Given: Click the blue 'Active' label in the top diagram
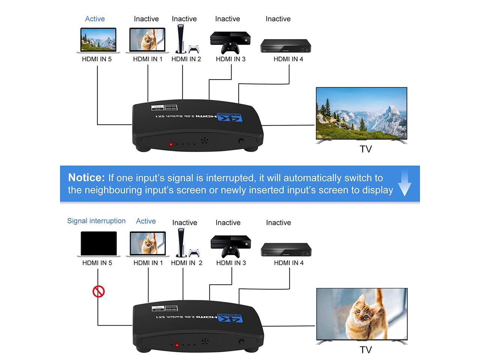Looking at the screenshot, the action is point(95,19).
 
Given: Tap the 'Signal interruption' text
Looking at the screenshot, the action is point(96,221).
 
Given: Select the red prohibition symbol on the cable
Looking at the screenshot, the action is point(99,291).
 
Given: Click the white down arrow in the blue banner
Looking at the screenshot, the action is point(405,184).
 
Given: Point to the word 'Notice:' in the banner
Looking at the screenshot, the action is point(86,177).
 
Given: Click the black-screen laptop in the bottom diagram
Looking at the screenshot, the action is point(99,243).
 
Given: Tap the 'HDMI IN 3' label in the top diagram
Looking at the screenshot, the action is point(231,59).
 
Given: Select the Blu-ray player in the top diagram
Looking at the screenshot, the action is point(286,46).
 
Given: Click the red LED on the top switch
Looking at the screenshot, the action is point(171,144).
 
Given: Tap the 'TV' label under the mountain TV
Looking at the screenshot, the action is point(366,149).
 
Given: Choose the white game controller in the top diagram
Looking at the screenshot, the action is point(193,49).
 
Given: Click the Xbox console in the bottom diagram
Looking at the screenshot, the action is point(231,242).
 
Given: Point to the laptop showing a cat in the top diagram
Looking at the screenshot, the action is point(147,40).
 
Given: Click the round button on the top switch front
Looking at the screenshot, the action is point(241,141).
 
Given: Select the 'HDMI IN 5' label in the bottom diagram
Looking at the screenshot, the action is point(97,263).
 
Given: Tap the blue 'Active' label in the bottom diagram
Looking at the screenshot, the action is point(146,221).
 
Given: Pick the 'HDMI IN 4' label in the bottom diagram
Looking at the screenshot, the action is point(289,263).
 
